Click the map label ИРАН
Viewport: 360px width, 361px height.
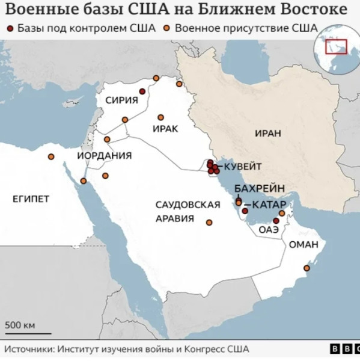coord(267,133)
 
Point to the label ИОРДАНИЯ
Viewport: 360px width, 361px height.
coord(105,156)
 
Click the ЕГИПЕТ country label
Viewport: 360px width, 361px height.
coord(31,199)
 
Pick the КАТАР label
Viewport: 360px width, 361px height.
coord(268,203)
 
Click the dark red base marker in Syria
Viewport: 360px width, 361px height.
coord(142,91)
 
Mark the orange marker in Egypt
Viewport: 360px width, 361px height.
coord(51,157)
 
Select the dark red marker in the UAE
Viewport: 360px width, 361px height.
coord(276,221)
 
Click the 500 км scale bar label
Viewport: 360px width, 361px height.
coord(20,326)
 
